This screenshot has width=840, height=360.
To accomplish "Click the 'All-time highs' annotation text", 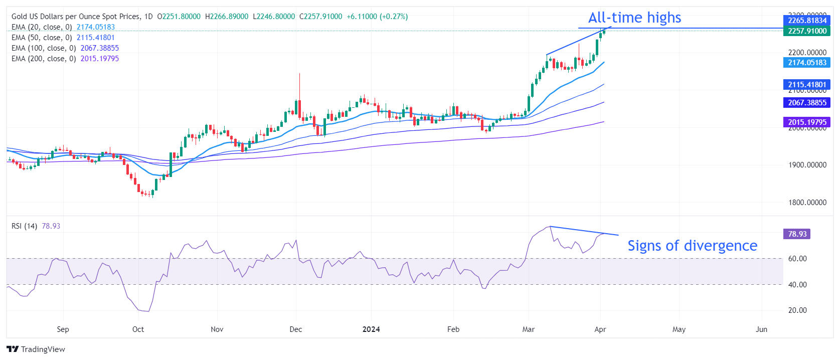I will [634, 18].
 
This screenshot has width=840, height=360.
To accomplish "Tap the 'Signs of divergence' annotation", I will [692, 246].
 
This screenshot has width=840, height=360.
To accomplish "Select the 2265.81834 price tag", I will [807, 21].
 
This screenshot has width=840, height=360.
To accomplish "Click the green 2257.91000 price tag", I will [807, 31].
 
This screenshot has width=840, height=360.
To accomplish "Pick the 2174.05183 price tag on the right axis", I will [807, 63].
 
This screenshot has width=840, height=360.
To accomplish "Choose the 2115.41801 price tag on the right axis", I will [807, 85].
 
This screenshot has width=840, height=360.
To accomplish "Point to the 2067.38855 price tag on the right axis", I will [807, 103].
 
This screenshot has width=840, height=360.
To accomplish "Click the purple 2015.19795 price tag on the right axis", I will [807, 122].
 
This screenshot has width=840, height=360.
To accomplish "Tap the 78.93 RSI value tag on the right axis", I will [797, 234].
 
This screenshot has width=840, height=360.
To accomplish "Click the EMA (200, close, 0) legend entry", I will [44, 59].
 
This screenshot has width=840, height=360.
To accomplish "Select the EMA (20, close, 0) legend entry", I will [42, 27].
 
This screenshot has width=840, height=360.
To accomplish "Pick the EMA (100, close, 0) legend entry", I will [44, 48].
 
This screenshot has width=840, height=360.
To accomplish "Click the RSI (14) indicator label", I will [24, 226].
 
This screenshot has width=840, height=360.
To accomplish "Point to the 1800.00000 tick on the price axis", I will [807, 203].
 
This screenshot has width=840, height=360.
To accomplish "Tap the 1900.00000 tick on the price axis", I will [807, 165].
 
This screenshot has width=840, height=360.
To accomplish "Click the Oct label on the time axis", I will [138, 329].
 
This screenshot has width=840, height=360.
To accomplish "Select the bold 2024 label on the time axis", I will [371, 329].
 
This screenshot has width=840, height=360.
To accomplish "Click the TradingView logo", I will [36, 349].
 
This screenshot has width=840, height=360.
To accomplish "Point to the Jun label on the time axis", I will [761, 329].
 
